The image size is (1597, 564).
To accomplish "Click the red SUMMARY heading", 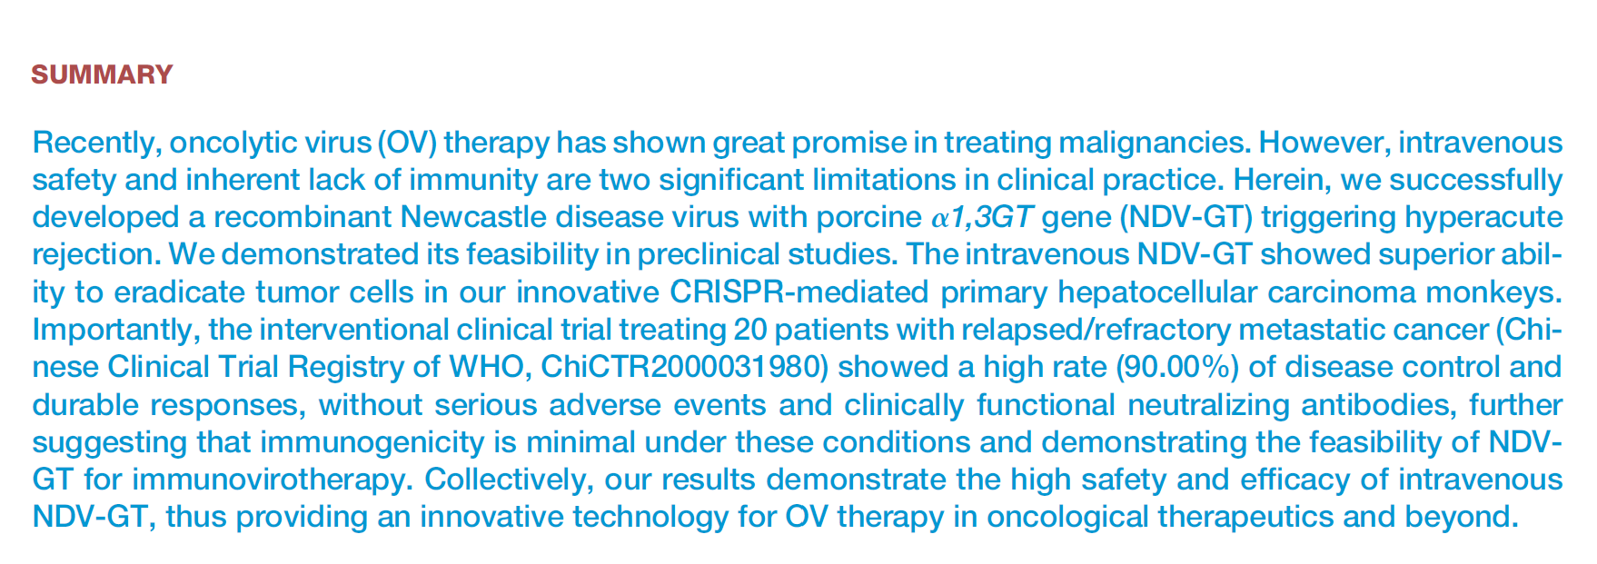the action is [102, 74].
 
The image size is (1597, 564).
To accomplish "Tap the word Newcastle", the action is [479, 218].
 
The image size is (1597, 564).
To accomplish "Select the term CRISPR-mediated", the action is [799, 293].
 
